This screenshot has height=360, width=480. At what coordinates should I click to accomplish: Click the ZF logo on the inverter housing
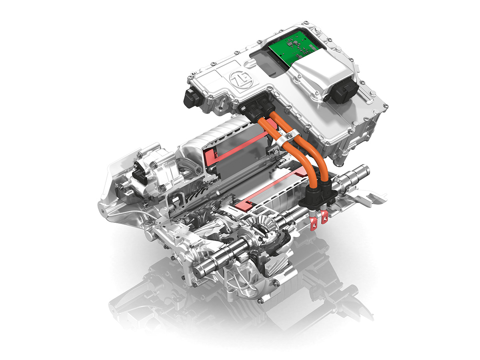241,79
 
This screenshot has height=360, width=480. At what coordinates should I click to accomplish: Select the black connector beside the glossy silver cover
343,92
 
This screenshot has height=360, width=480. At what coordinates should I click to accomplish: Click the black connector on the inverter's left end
194,98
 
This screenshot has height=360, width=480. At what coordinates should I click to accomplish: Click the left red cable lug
314,223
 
